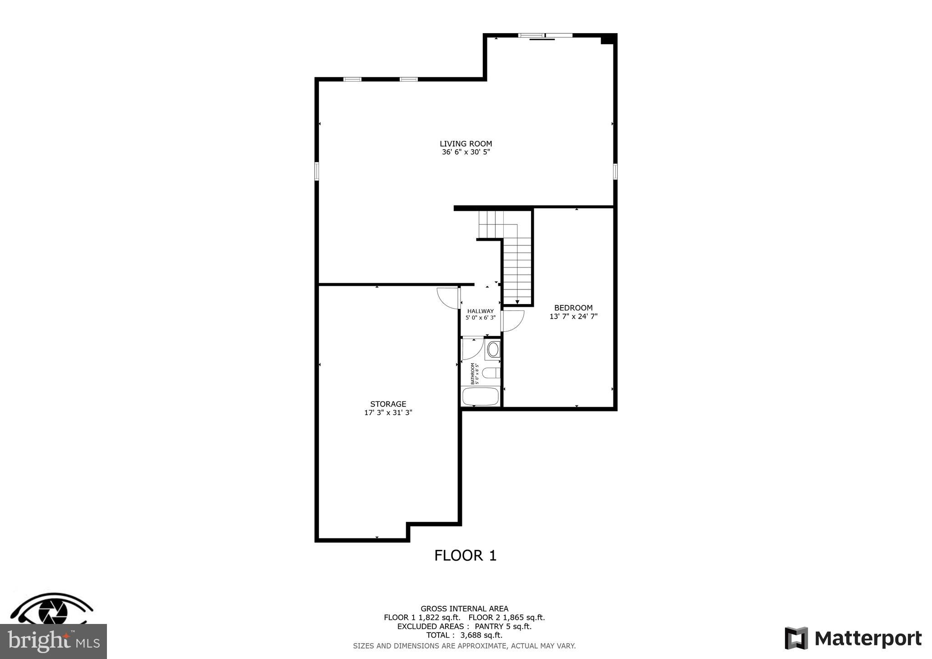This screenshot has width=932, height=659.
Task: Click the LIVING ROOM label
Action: pyautogui.click(x=466, y=144)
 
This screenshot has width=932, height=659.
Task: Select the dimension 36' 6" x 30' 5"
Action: pyautogui.click(x=466, y=152)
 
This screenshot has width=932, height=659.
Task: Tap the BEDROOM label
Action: pyautogui.click(x=573, y=308)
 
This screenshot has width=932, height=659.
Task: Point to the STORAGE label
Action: pyautogui.click(x=388, y=404)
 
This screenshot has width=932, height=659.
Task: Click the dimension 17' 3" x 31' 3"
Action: pyautogui.click(x=388, y=413)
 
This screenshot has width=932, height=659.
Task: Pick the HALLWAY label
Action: pyautogui.click(x=480, y=311)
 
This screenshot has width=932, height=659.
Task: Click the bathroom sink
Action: pyautogui.click(x=493, y=350)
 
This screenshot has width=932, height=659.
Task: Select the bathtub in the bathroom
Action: pyautogui.click(x=481, y=396)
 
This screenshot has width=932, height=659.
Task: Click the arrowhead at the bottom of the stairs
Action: pyautogui.click(x=517, y=302)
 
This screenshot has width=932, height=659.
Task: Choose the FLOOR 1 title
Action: pyautogui.click(x=465, y=556)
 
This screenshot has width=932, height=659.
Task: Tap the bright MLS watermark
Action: pyautogui.click(x=53, y=641)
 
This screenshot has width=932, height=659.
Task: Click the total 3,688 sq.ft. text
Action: pyautogui.click(x=464, y=635)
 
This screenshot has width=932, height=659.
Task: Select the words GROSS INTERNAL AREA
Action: pyautogui.click(x=464, y=608)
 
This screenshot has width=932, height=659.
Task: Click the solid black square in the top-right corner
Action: pyautogui.click(x=608, y=40)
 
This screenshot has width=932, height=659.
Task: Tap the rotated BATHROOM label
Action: pyautogui.click(x=474, y=374)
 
